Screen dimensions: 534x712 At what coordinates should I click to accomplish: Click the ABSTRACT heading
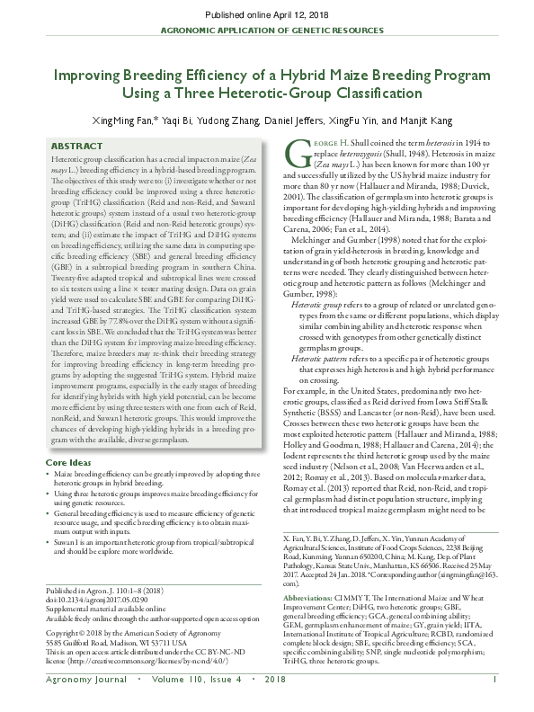click(76, 145)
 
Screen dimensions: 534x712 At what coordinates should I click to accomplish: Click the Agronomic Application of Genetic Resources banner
click(266, 30)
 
